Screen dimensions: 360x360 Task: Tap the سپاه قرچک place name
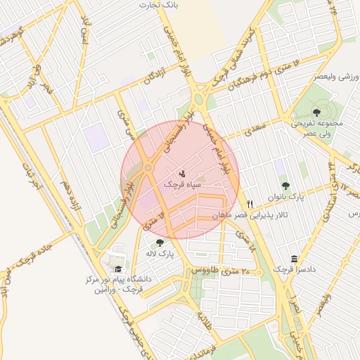tap(182, 184)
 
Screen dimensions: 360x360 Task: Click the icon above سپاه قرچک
tap(182, 172)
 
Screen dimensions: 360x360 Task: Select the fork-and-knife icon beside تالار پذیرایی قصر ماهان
tap(250, 204)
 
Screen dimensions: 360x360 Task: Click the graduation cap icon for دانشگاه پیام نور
tap(118, 269)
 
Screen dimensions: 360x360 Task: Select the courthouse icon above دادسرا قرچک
tap(293, 259)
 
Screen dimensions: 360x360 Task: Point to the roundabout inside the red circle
tap(148, 168)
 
